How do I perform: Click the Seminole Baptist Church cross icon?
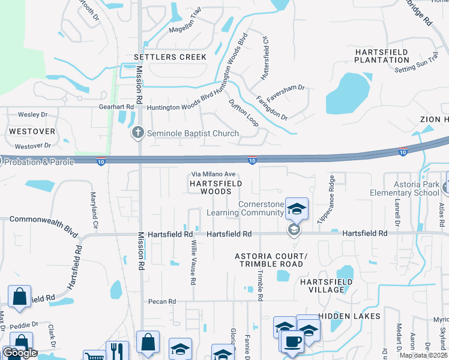138,133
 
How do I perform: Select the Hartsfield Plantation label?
382,56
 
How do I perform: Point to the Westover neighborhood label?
32,131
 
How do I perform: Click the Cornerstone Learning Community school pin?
297,209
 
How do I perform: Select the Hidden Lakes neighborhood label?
349,316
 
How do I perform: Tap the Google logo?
20,353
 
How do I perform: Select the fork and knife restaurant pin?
117,351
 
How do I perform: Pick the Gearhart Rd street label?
116,107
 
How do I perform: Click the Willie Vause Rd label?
193,263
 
